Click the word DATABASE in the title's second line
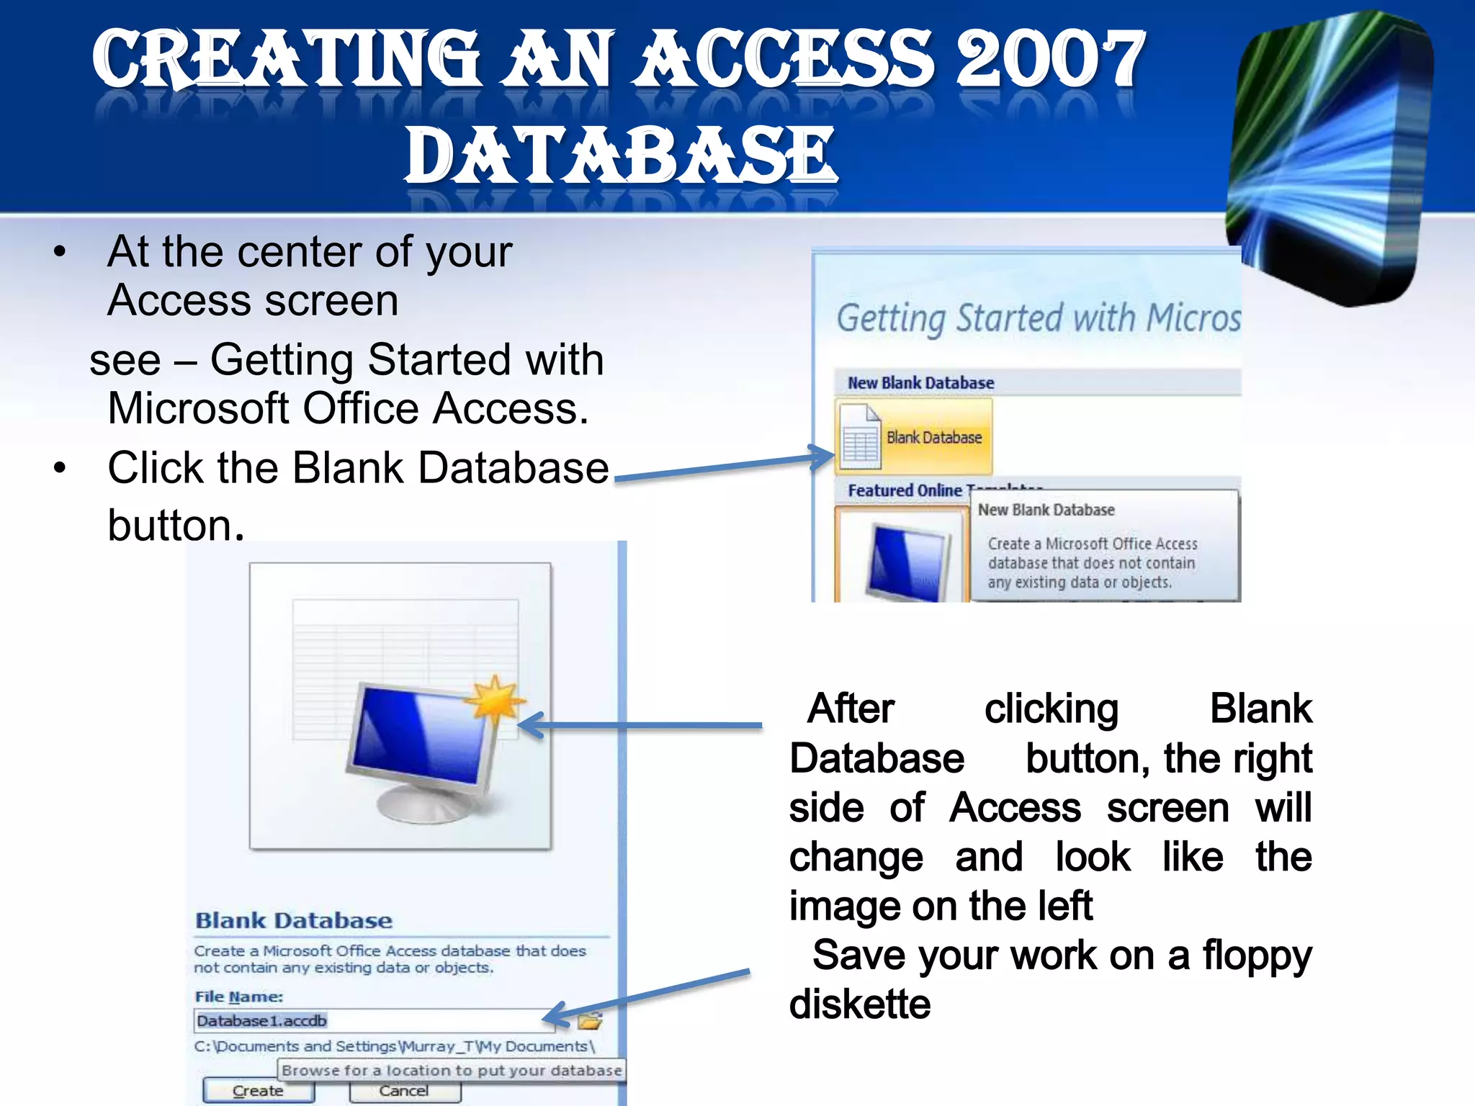tap(621, 155)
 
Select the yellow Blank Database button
tap(914, 437)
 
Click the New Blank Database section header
tap(920, 383)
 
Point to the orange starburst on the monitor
tap(494, 698)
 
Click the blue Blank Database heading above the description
tap(294, 921)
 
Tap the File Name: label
tap(238, 997)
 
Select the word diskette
tap(860, 1004)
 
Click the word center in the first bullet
tap(293, 252)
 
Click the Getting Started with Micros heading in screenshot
tap(1038, 318)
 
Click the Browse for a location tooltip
tap(452, 1071)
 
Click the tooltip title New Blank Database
tap(1046, 511)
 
